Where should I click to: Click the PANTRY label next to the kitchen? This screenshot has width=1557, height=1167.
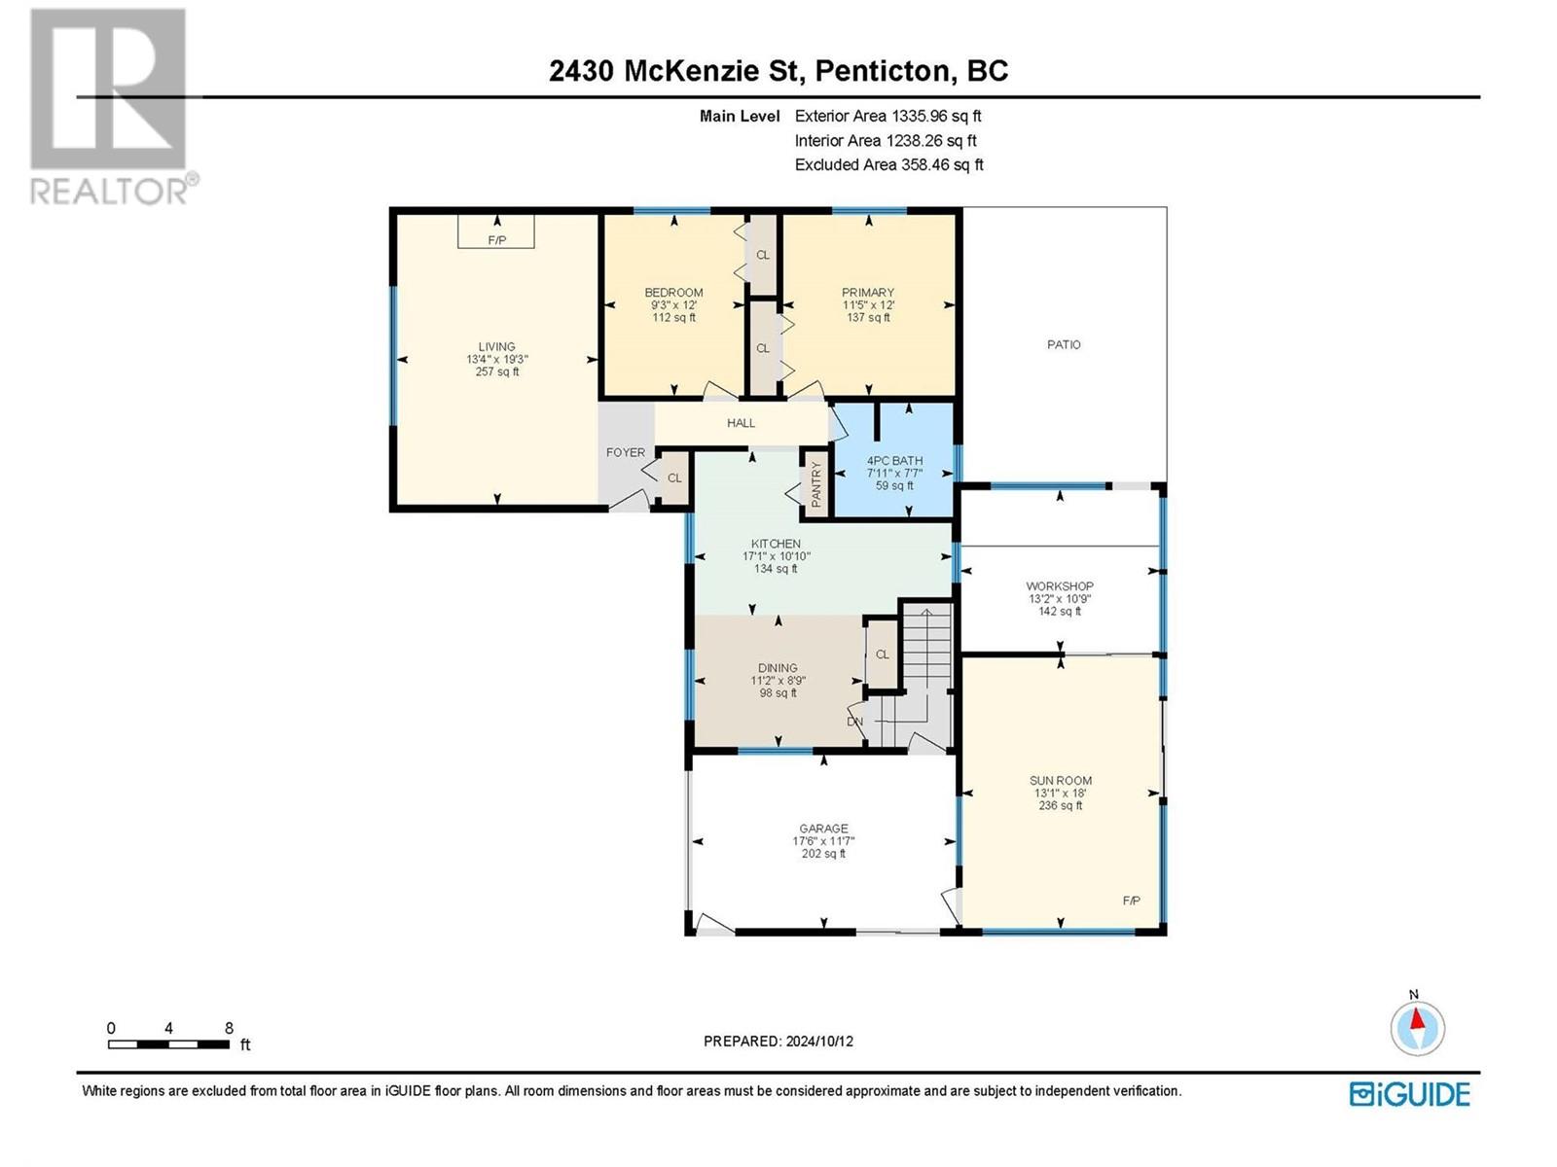click(815, 484)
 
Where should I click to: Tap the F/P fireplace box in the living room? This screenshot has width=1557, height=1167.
click(496, 231)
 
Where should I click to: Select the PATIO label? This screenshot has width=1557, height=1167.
click(1064, 344)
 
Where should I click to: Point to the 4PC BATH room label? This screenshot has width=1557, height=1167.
click(894, 461)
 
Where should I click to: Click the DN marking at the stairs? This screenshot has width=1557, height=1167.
click(854, 722)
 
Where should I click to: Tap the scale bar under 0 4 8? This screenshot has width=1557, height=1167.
click(168, 1044)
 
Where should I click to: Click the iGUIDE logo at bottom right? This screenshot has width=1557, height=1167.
click(1409, 1094)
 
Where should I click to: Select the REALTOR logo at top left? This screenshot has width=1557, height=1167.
click(114, 106)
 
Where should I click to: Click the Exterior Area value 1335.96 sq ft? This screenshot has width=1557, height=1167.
click(936, 116)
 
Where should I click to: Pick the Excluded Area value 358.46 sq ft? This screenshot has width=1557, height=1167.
click(942, 165)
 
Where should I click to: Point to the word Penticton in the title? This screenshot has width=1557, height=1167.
click(882, 72)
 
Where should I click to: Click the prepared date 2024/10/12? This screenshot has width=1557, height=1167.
click(819, 1042)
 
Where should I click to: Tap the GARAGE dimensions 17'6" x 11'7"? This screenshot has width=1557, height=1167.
click(823, 841)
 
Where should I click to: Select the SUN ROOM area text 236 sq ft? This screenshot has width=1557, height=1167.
click(1061, 805)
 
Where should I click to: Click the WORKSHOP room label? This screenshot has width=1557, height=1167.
click(1060, 586)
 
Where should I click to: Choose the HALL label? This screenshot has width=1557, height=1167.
click(741, 423)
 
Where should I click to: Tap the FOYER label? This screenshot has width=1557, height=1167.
click(626, 452)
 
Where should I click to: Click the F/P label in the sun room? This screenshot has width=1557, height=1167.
click(1132, 901)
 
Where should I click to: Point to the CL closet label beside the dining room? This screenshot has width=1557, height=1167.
click(882, 654)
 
